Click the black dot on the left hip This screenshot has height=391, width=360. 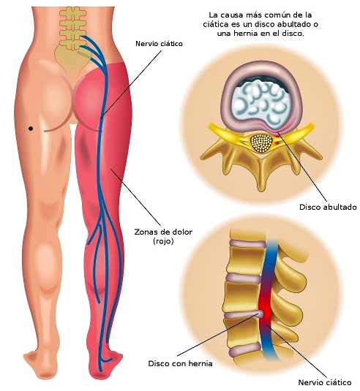[x=31, y=129]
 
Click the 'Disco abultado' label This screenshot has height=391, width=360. [x=328, y=207]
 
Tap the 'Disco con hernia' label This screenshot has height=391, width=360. [x=180, y=363]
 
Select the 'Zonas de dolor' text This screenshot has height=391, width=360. [x=163, y=232]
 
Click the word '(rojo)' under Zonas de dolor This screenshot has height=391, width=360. [x=163, y=241]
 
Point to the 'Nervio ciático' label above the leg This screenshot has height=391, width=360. [x=159, y=44]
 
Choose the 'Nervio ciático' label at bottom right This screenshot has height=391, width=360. [x=325, y=382]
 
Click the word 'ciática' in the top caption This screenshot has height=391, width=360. [x=215, y=24]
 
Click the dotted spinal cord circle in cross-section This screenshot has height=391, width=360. [x=261, y=143]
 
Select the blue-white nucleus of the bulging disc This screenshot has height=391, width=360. [x=261, y=103]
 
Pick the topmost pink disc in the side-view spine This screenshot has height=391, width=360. [x=247, y=243]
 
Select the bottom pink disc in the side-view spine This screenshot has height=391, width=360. [x=244, y=351]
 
